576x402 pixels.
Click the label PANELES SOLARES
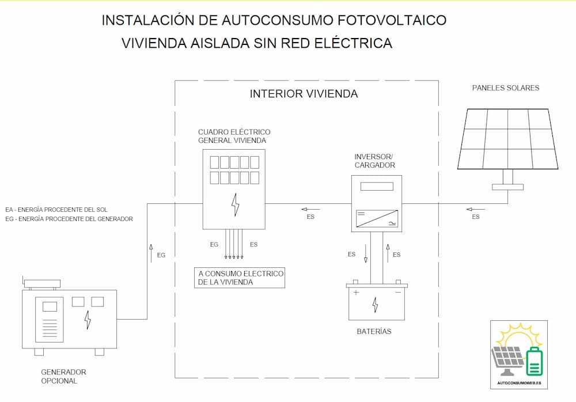pos(506,88)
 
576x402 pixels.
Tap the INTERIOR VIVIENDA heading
pos(304,94)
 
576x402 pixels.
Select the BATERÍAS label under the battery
pos(374,331)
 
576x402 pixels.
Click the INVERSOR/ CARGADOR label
pos(374,161)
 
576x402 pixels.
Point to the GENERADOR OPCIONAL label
pos(63,376)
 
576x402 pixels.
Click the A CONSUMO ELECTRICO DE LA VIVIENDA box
pos(240,278)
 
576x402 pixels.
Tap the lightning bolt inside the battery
pos(375,305)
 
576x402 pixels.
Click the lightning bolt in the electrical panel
pos(235,204)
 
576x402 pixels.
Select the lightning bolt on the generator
pos(88,320)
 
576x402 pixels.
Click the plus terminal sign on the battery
pos(356,293)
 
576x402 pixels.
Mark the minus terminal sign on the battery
pos(398,293)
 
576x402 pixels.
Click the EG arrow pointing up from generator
pos(151,253)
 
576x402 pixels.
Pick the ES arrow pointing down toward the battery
pos(366,253)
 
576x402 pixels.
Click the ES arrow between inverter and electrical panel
pos(310,210)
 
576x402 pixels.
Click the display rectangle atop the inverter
pos(377,186)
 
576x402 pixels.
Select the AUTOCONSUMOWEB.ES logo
pos(519,355)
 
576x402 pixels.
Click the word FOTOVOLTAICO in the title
pos(392,20)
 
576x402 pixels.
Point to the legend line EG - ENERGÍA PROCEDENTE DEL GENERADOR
pos(69,219)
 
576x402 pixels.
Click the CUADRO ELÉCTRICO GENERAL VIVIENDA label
pos(234,136)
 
